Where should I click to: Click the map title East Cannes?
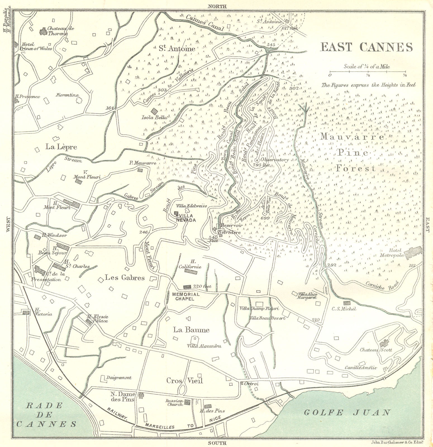click(x=366, y=47)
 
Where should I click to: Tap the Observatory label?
click(x=274, y=160)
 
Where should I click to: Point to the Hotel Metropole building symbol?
click(x=411, y=252)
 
